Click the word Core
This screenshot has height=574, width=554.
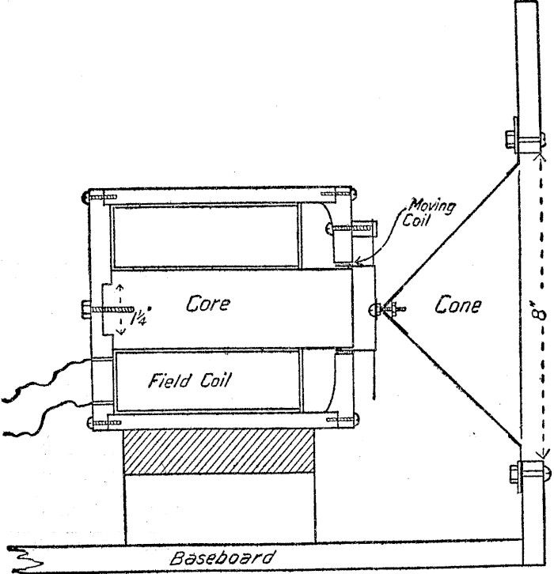click(x=207, y=304)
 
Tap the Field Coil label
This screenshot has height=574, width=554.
click(x=189, y=381)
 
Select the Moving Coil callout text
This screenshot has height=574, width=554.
click(x=437, y=213)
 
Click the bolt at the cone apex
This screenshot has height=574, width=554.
click(x=391, y=308)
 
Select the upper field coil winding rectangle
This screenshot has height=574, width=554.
click(x=206, y=236)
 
